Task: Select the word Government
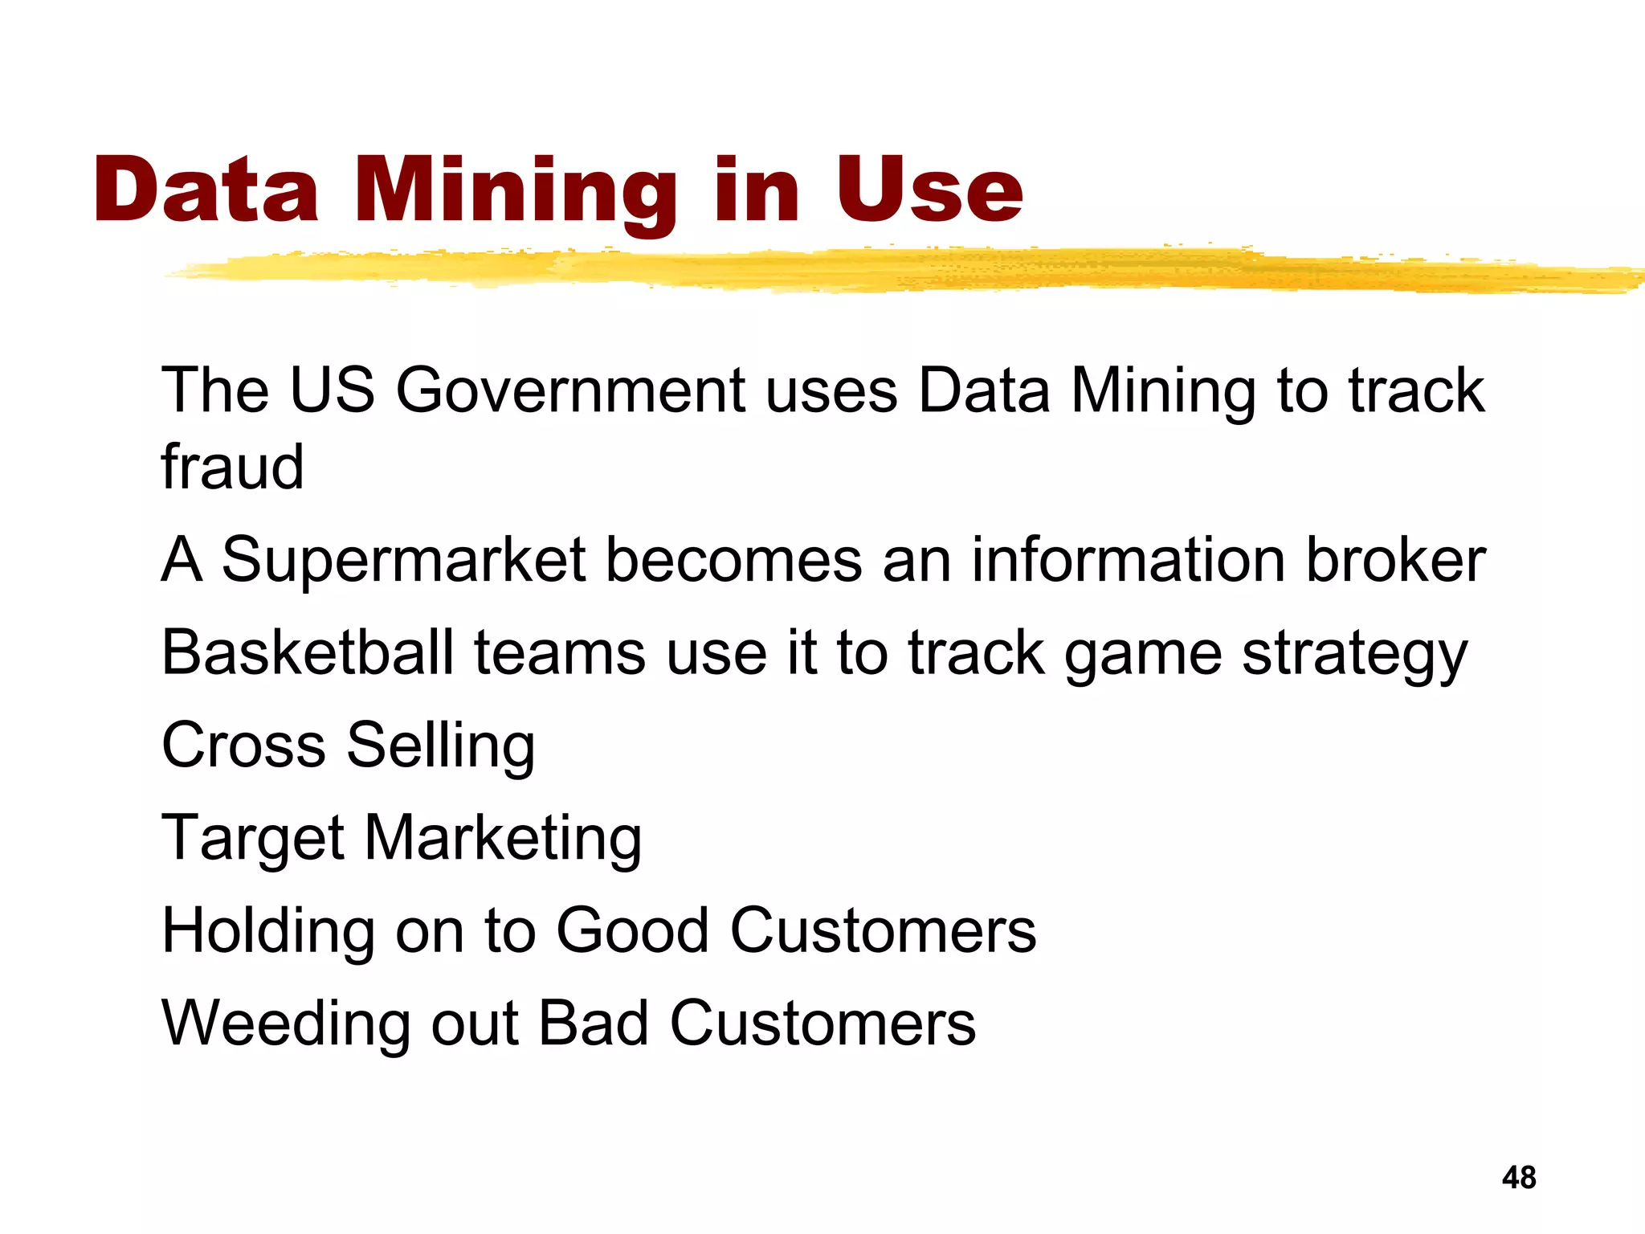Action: [x=570, y=390]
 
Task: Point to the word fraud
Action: [x=232, y=467]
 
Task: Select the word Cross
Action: [x=243, y=745]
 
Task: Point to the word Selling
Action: [x=440, y=746]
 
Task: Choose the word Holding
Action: [x=268, y=932]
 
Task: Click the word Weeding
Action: [x=286, y=1024]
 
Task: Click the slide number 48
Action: [x=1518, y=1178]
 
